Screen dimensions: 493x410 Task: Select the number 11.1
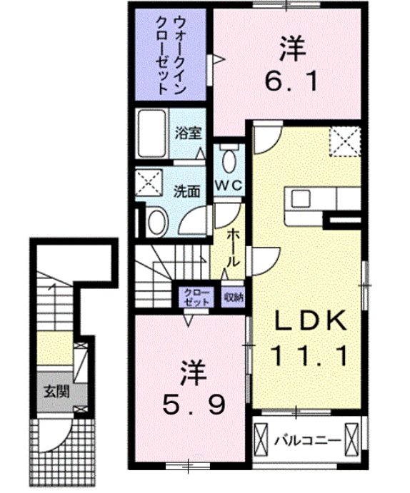pos(309,355)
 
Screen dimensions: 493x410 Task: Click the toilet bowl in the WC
pos(228,161)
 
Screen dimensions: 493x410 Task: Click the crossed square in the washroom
pos(149,182)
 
